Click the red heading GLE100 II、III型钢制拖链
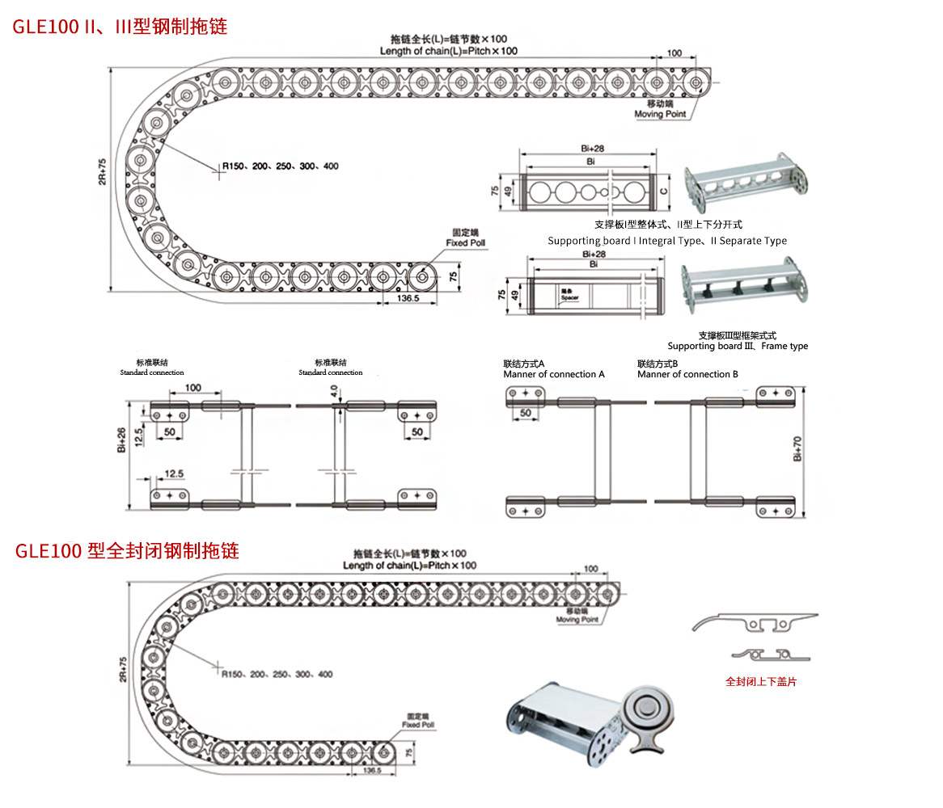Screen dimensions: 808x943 [x=120, y=27]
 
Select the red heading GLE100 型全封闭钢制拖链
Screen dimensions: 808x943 [x=127, y=552]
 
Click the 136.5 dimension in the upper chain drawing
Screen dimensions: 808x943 [x=409, y=299]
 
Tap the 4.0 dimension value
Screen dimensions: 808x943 [x=332, y=391]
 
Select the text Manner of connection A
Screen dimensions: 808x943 [x=553, y=374]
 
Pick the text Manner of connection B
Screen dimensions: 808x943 [x=687, y=374]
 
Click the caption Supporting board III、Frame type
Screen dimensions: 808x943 [x=737, y=346]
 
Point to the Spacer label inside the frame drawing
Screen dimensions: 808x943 [x=570, y=297]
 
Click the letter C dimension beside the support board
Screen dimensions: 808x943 [x=663, y=191]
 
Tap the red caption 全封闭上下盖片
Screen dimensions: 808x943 [x=760, y=682]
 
